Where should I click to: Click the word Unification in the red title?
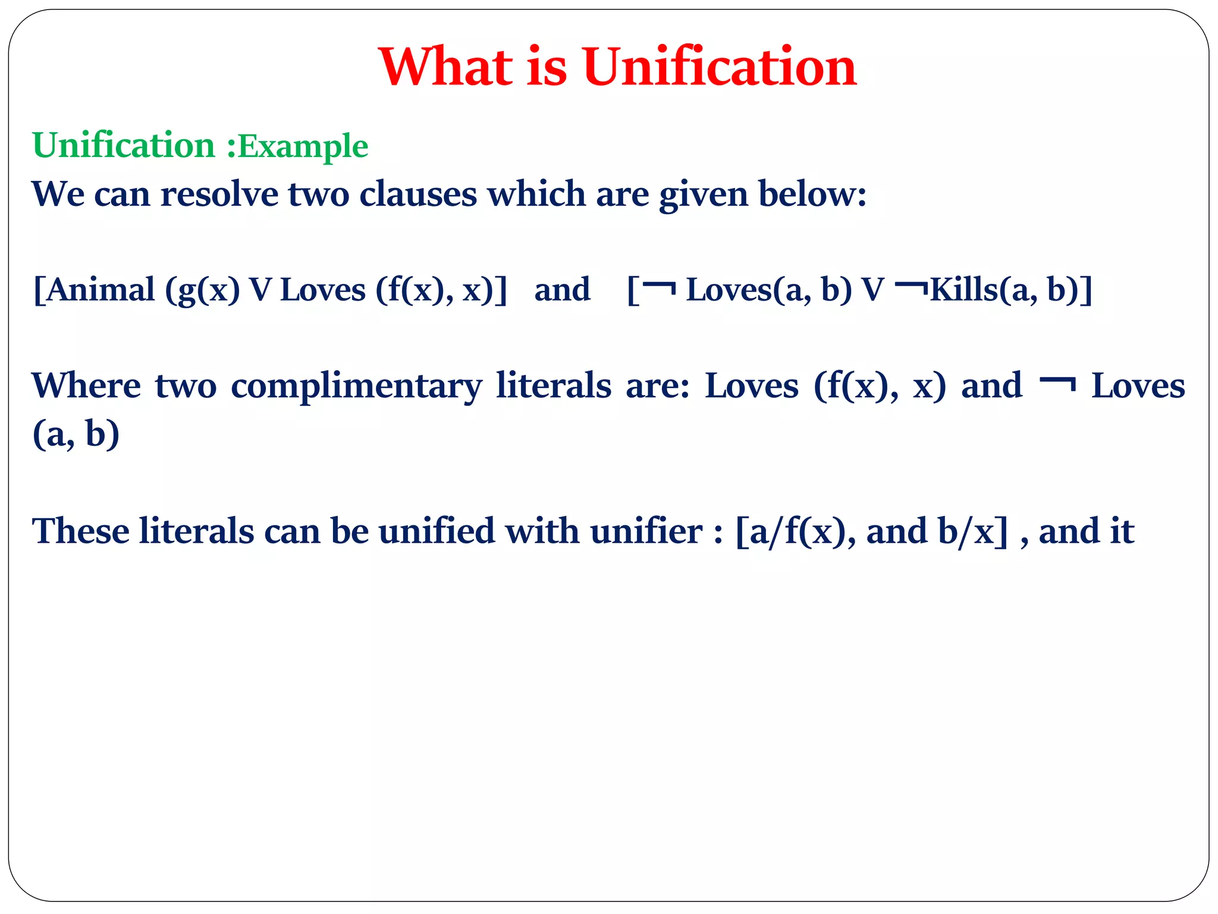click(x=720, y=67)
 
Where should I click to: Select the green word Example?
click(x=303, y=146)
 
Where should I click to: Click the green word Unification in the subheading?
click(x=124, y=145)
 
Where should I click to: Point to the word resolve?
click(x=219, y=194)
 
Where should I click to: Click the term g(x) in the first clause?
click(x=202, y=290)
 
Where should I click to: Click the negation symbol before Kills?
click(x=911, y=288)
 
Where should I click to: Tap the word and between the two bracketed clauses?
click(x=562, y=290)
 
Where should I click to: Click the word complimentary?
click(x=356, y=387)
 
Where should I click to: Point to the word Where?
click(x=86, y=386)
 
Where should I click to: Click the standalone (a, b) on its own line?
click(x=76, y=434)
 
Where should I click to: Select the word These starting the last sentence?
click(x=81, y=531)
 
